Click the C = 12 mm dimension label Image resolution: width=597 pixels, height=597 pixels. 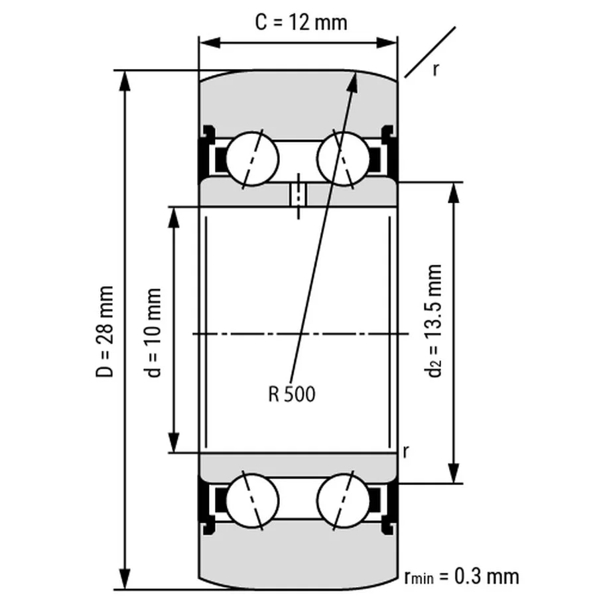point(301,22)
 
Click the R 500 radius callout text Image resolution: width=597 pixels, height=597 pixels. point(292,395)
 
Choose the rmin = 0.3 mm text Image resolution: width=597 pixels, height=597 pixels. point(461,575)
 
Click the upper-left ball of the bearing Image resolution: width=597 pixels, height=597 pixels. point(252,159)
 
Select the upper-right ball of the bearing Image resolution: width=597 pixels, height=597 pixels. point(343,159)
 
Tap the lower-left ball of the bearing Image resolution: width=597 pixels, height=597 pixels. point(252,499)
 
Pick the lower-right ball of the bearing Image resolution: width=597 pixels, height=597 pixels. point(343,499)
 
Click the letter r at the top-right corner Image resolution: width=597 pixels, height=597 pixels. point(435,68)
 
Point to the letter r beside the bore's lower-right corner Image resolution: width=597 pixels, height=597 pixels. point(405,451)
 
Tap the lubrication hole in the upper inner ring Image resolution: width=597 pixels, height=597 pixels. point(298,196)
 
